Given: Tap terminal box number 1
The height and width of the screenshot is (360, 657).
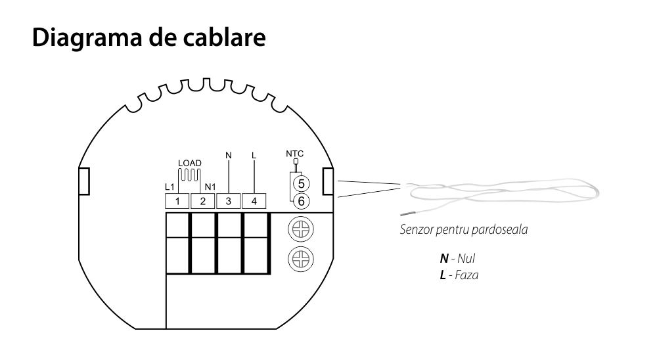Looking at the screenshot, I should point(177,200).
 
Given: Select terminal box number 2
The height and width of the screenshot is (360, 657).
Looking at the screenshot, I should point(203,200).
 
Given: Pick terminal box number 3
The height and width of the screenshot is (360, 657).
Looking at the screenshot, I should point(229,200).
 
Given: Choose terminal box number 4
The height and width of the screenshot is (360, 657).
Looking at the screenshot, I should point(254,200).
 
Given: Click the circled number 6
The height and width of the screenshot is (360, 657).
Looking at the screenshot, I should point(301,200).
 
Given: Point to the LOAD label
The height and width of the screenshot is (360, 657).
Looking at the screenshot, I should point(189,163).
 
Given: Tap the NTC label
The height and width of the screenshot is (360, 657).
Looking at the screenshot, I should point(294,153).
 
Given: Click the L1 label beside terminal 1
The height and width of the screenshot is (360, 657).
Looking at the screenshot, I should point(170,187).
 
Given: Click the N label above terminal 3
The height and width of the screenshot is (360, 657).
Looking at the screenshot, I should point(228,155).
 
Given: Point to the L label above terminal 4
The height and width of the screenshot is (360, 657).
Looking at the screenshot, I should point(254,155).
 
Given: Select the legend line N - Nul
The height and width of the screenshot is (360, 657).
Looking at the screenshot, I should point(453,260).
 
